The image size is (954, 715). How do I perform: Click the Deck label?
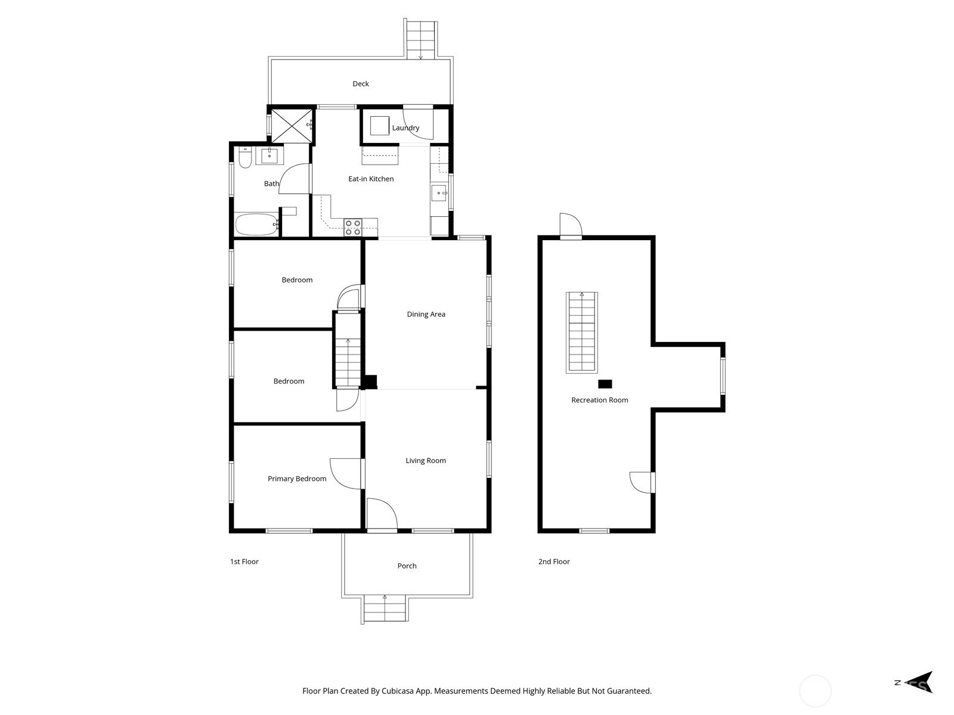point(360,84)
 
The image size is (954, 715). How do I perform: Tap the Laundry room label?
point(405,128)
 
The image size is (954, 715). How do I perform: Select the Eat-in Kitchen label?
point(371,179)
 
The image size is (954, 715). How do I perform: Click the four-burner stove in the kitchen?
point(352,228)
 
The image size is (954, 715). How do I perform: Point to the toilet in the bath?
point(245,157)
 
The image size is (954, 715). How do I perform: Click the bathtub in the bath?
point(256,224)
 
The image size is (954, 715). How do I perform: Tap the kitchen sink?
point(438,193)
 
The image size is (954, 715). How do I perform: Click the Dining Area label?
point(426,315)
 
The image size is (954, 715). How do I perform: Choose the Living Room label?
point(426,461)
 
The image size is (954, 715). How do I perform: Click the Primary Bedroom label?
point(297,479)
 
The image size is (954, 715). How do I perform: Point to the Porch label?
point(407,566)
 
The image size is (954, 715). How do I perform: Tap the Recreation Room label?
point(599,400)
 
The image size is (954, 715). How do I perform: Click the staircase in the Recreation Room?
point(581,332)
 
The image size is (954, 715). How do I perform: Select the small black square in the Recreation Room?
point(605,384)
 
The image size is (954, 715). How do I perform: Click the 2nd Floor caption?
point(554,562)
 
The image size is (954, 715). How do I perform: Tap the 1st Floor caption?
point(244,562)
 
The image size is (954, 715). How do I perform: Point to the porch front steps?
point(385,608)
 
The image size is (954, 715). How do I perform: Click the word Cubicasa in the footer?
point(398,691)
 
